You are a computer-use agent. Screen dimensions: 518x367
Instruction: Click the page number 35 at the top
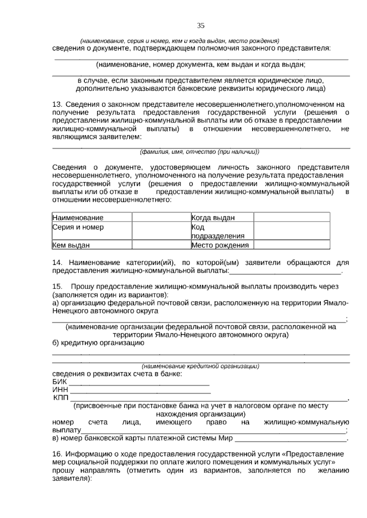[201, 26]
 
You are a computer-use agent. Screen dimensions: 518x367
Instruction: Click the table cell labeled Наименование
[92, 217]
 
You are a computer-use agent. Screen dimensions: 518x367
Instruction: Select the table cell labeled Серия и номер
[92, 231]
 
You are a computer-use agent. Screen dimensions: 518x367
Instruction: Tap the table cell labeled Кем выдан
[92, 245]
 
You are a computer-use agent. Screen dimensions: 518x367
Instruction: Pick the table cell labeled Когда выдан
[222, 217]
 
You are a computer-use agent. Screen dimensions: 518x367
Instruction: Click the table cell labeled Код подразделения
[222, 231]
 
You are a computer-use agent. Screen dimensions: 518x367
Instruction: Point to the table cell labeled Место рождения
[222, 245]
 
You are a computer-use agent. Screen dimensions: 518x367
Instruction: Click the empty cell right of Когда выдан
[292, 217]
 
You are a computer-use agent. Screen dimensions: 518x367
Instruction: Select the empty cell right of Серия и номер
[161, 231]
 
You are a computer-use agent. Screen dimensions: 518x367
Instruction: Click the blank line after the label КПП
[208, 399]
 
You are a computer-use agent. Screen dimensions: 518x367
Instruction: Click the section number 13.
[57, 104]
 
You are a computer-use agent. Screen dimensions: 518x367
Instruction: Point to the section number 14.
[57, 263]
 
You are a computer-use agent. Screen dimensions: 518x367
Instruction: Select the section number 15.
[57, 287]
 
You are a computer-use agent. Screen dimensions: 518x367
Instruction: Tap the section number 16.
[57, 454]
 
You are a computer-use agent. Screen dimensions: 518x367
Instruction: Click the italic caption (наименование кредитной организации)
[200, 366]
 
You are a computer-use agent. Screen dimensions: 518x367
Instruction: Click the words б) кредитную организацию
[98, 343]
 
